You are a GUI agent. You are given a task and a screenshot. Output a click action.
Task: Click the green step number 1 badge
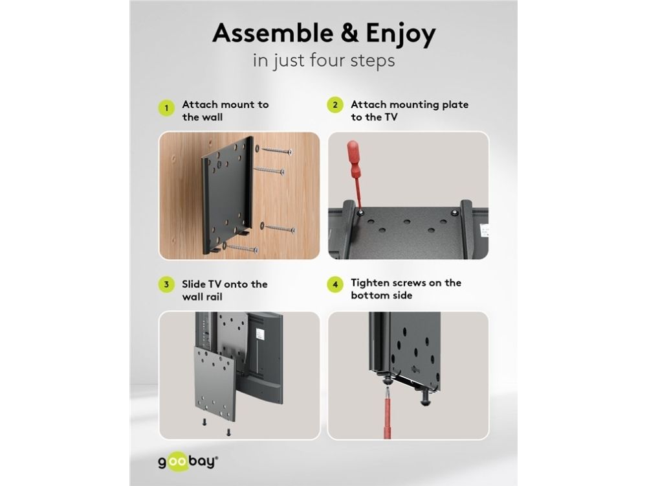pos(166,108)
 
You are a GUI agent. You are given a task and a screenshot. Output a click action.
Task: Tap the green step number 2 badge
pos(335,105)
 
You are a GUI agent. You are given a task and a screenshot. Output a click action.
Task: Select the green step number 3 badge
pos(166,284)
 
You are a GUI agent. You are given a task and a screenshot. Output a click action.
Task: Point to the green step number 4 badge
pos(335,284)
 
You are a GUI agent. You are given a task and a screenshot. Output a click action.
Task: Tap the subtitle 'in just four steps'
pos(324,60)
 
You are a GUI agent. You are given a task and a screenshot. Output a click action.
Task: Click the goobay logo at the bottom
pos(188,461)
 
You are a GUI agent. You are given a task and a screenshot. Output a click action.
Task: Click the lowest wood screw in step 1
pos(241,248)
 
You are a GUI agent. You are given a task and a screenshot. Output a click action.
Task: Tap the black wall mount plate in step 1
pos(227,195)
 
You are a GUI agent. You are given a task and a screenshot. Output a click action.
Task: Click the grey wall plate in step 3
pos(215,384)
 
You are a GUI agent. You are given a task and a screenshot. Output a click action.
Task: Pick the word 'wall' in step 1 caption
pos(202,117)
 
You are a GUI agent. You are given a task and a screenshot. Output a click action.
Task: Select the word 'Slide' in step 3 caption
pos(194,284)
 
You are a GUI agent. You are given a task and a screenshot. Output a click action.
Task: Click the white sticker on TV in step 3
pos(259,334)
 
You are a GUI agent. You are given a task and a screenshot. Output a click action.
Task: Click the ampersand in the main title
pos(350,33)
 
